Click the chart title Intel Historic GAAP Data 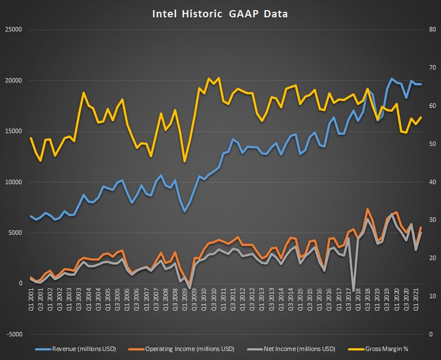point(220,13)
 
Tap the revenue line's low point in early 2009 point(185,211)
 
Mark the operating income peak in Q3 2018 point(367,209)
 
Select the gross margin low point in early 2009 point(185,162)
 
